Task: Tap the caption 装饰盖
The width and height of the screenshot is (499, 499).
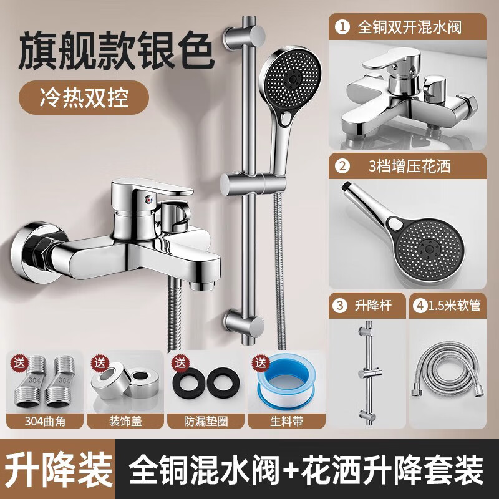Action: coord(124,420)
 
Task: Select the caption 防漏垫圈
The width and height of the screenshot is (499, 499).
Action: coord(206,420)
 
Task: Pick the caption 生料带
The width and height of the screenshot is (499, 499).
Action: coord(288,420)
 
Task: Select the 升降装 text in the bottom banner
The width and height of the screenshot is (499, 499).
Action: coord(61,465)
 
